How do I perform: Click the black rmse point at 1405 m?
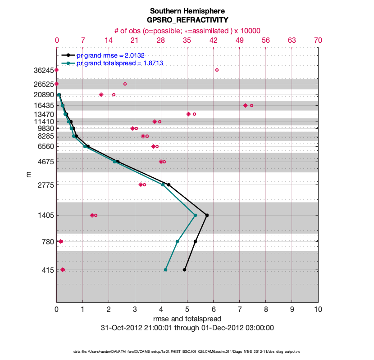[x=207, y=215]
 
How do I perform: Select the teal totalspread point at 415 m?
[x=166, y=270]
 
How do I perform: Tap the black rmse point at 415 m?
[x=184, y=270]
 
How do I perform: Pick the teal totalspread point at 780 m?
[x=177, y=242]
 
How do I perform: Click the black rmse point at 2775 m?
[x=169, y=184]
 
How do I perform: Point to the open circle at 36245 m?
[x=217, y=70]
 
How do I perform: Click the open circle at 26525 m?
[x=125, y=84]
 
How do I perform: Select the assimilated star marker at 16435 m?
[x=245, y=105]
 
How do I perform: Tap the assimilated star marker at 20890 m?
[x=101, y=94]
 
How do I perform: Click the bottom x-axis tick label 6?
[x=214, y=310]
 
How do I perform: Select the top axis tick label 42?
[x=214, y=40]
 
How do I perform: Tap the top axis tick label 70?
[x=318, y=40]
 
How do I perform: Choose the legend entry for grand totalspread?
[x=120, y=63]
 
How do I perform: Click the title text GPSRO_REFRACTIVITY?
[x=187, y=20]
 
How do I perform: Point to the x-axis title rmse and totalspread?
[x=187, y=319]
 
